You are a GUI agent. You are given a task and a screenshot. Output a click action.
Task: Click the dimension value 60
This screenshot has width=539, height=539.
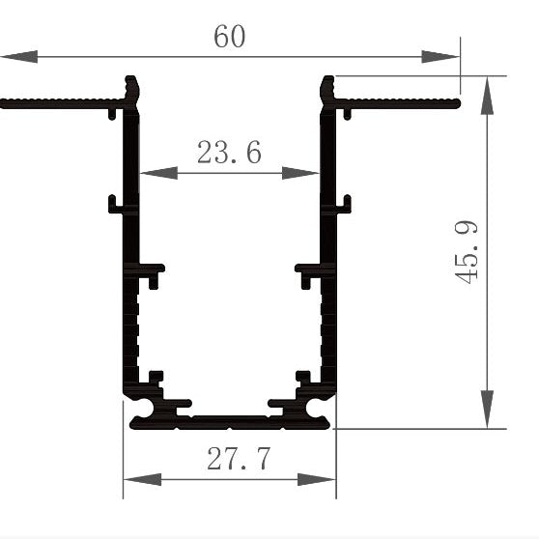pos(230,37)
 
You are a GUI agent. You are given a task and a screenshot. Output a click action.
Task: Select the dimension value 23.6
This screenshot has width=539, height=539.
pos(229,153)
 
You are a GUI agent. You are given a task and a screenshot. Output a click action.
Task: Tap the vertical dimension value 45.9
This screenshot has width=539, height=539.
pos(468,251)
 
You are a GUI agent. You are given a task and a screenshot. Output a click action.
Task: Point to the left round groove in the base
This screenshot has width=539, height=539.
pos(143,411)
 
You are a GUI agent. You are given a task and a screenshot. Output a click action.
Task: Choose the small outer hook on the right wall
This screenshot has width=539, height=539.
pos(344,204)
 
